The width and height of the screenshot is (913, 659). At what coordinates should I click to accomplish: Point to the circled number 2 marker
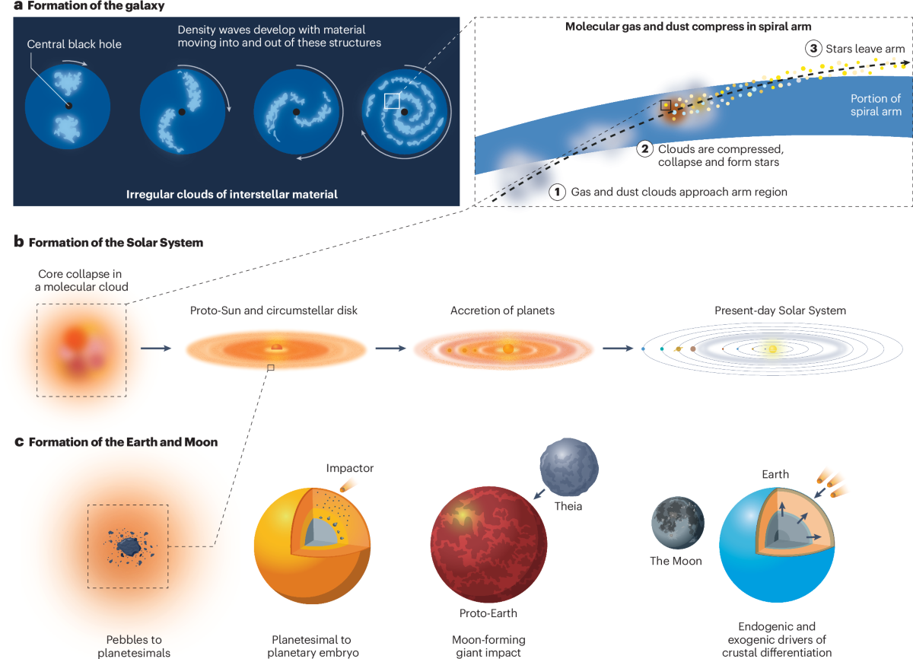pyautogui.click(x=646, y=149)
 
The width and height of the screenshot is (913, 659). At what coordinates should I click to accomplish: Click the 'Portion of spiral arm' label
pyautogui.click(x=875, y=105)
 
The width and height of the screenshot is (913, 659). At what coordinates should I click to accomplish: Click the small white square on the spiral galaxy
pyautogui.click(x=393, y=100)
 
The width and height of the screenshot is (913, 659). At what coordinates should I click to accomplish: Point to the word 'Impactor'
pyautogui.click(x=350, y=468)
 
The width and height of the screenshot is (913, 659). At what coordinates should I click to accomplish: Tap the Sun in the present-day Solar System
pyautogui.click(x=771, y=349)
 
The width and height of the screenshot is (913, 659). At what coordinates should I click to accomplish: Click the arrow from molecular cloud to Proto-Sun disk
pyautogui.click(x=156, y=349)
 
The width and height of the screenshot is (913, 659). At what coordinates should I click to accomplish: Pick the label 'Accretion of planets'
pyautogui.click(x=502, y=310)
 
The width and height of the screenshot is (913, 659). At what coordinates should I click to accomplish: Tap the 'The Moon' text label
pyautogui.click(x=676, y=561)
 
